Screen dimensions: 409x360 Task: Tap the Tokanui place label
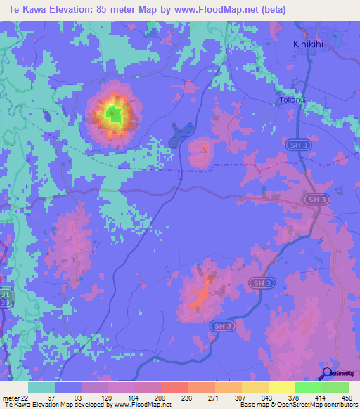tap(292, 100)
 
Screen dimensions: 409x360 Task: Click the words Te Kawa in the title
tap(26, 9)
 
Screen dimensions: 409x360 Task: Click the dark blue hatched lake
tap(181, 134)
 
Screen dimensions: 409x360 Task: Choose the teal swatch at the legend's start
tap(41, 387)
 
